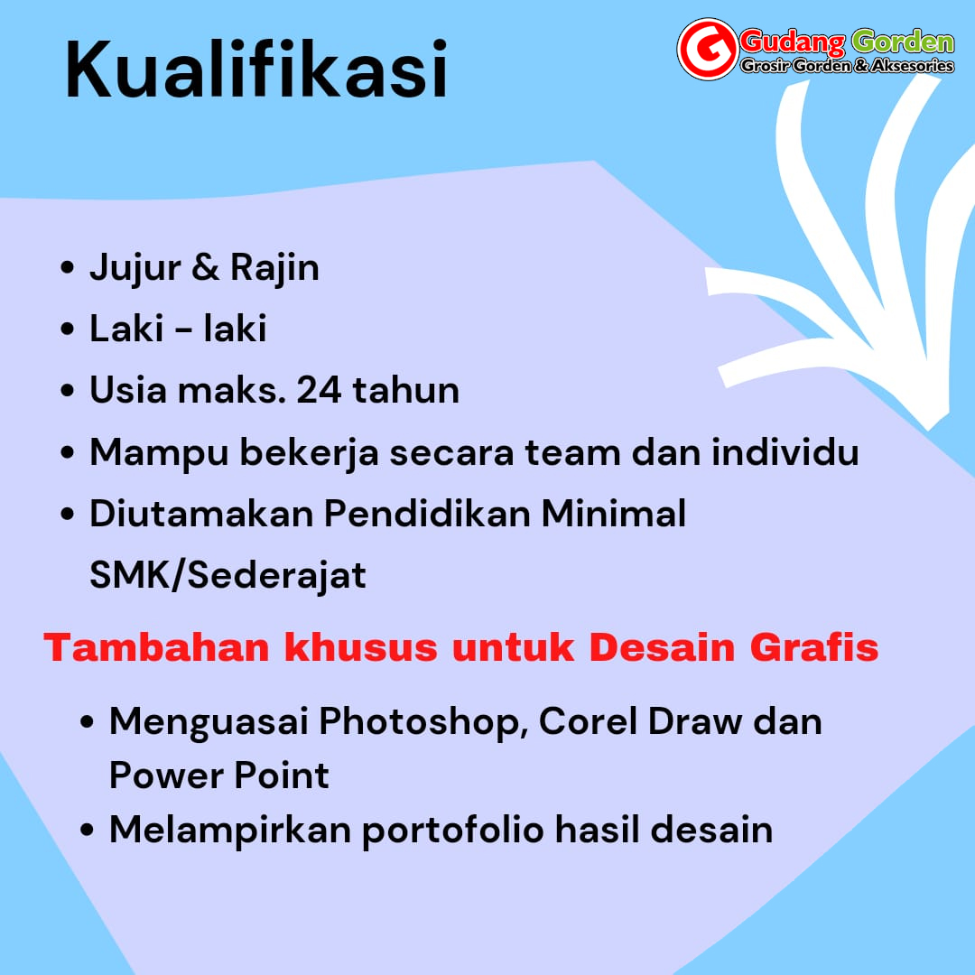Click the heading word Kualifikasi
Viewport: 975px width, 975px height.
[x=256, y=69]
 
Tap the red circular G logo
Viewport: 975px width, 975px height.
[x=708, y=49]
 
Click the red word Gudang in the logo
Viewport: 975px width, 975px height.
[x=793, y=42]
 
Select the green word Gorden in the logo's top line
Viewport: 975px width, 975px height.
[x=903, y=42]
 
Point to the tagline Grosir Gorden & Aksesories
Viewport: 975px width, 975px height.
[x=847, y=65]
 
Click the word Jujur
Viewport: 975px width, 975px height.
[x=135, y=269]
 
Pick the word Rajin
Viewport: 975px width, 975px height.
[x=274, y=268]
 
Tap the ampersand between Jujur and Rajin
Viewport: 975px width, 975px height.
[x=206, y=267]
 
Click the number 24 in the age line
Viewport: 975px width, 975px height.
[x=319, y=390]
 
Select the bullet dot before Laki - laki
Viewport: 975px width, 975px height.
[x=67, y=329]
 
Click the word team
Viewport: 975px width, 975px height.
[x=572, y=452]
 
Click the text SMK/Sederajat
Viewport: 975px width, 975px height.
[x=227, y=574]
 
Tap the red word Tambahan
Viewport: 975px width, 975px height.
[x=156, y=647]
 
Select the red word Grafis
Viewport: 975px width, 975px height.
[x=814, y=647]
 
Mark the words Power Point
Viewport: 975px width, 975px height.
[x=218, y=775]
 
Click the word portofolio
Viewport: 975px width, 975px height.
[x=452, y=831]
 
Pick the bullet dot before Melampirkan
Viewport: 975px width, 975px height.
[x=87, y=831]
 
